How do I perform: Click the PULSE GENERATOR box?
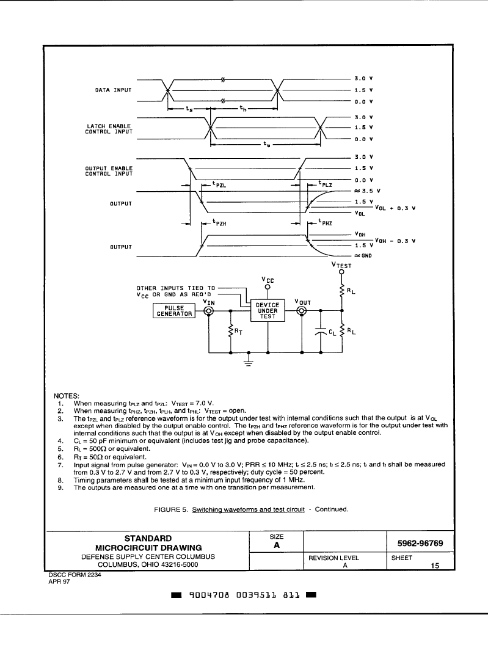pos(173,311)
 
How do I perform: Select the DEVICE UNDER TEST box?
pos(268,310)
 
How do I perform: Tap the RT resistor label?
pos(238,332)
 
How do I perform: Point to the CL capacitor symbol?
pos(321,332)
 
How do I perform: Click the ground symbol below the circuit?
pos(249,361)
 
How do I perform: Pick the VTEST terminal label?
pos(341,265)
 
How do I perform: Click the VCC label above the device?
pos(268,280)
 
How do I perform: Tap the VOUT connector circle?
pos(302,312)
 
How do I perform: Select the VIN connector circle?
pos(209,312)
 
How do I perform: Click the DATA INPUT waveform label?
pos(114,90)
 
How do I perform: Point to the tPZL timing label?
pos(219,184)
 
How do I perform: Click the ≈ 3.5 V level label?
pos(368,191)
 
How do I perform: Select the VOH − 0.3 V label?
pos(395,241)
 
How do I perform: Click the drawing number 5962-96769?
pos(420,544)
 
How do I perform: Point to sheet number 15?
pos(435,566)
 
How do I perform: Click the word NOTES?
pos(67,396)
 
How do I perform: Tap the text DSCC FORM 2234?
pos(75,575)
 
